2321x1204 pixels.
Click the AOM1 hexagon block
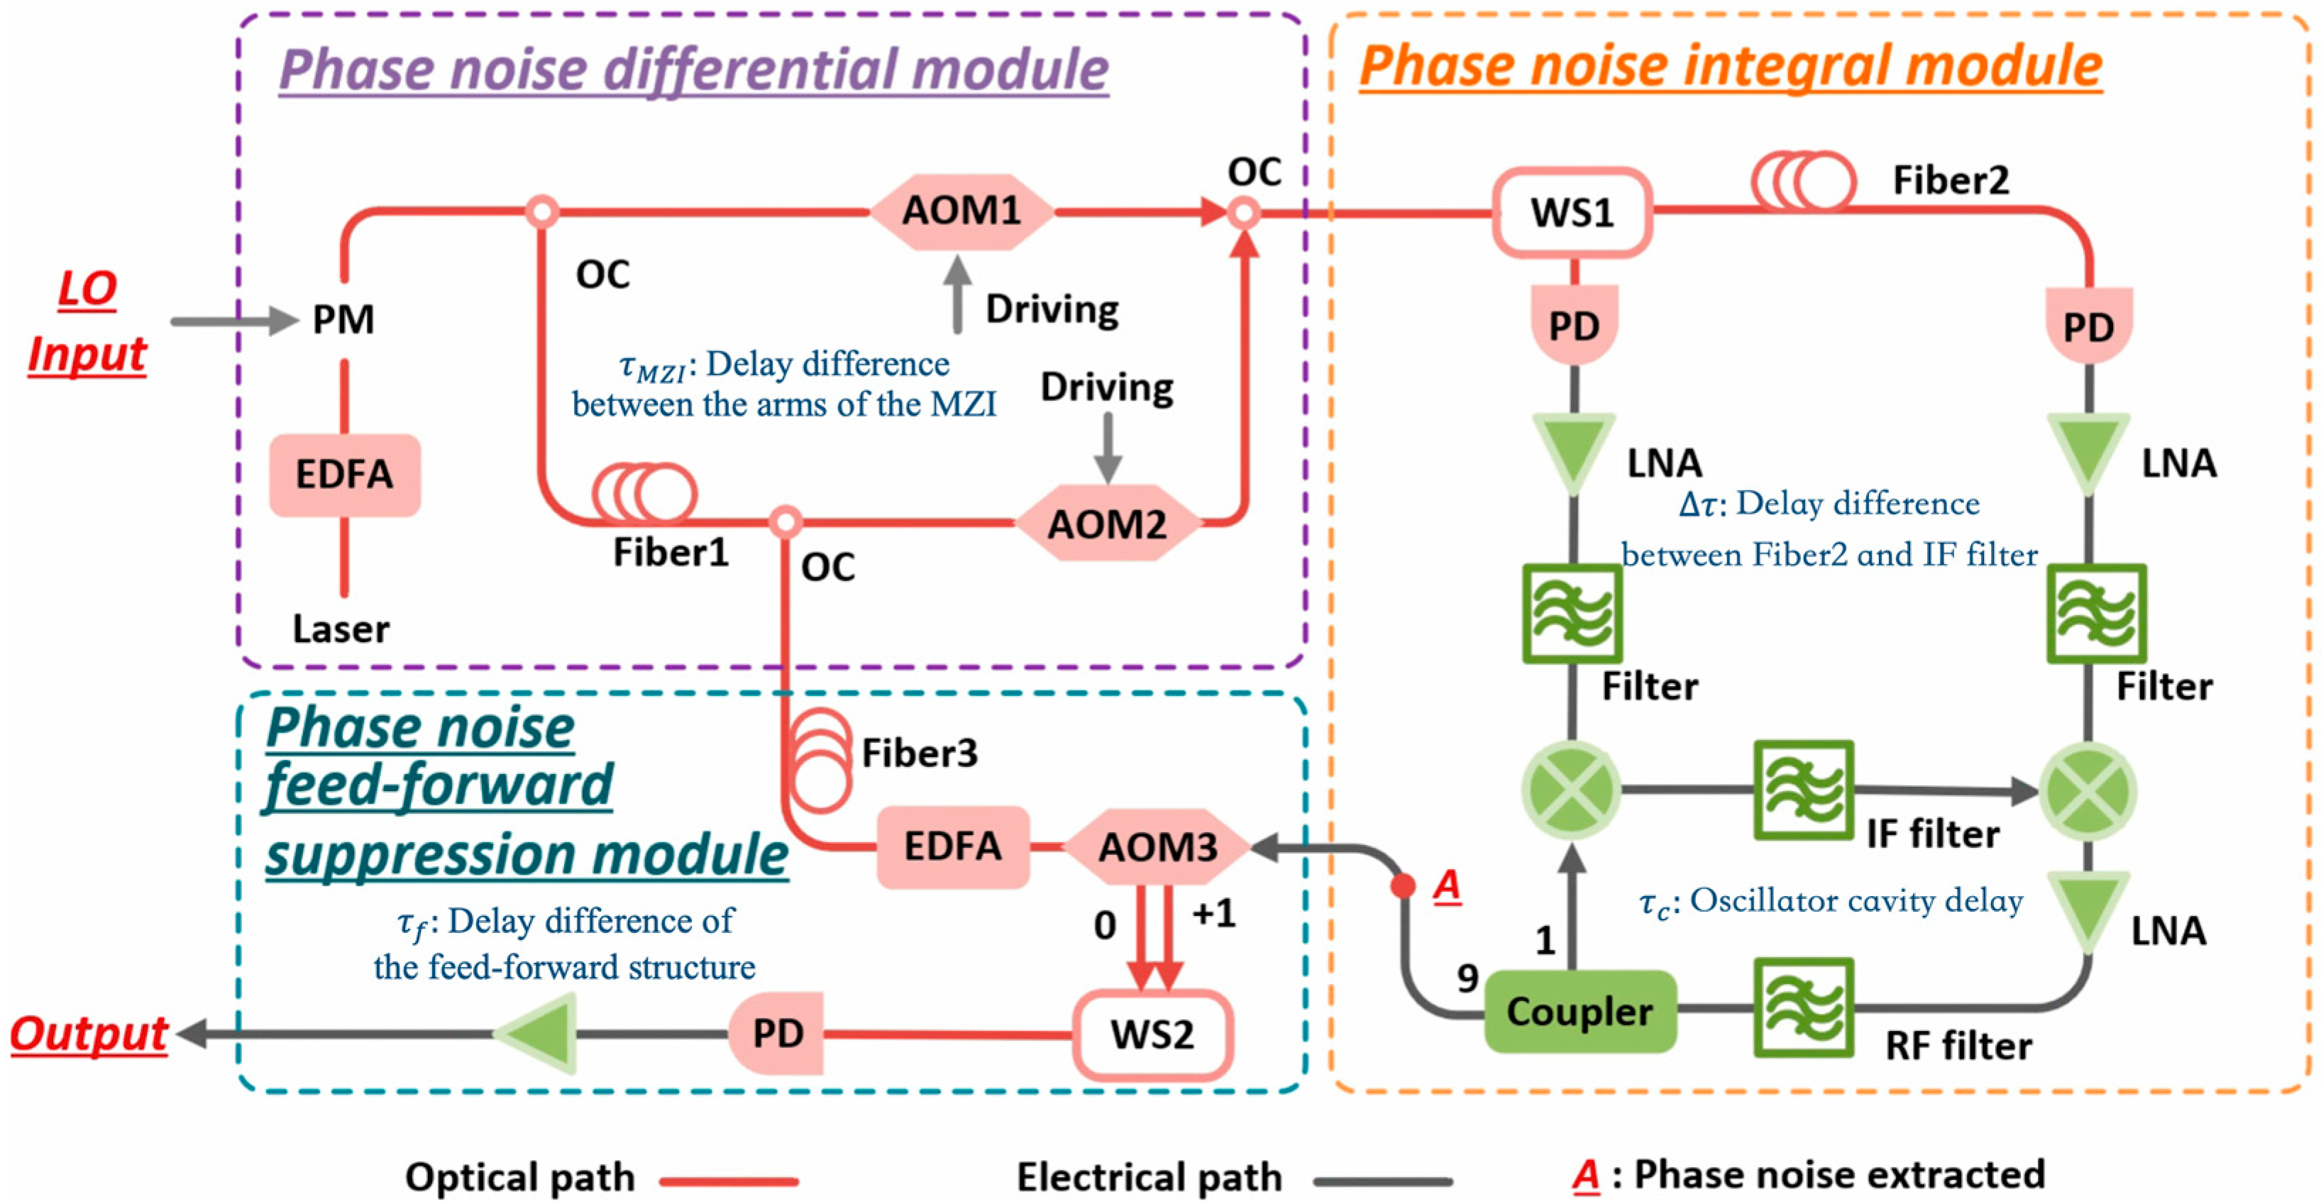tap(961, 211)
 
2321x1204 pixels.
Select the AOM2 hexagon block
tap(1108, 524)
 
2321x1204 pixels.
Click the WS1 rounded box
tap(1572, 213)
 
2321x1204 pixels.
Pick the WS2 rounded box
tap(1152, 1034)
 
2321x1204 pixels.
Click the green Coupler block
tap(1580, 1011)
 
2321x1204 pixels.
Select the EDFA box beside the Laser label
tap(344, 475)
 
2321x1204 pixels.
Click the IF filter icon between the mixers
tap(1803, 790)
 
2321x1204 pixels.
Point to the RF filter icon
tap(1803, 1007)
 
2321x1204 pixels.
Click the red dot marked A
tap(1403, 886)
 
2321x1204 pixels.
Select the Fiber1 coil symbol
tap(644, 493)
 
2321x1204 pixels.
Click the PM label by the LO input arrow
tap(343, 320)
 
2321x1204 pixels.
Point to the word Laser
tap(341, 629)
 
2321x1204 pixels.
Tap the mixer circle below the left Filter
tap(1572, 791)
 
